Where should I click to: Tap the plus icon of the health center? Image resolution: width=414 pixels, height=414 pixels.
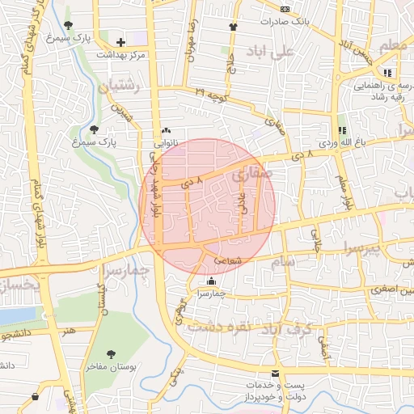[x=121, y=42]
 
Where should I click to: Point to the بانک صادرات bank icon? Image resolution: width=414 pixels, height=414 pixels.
[x=285, y=9]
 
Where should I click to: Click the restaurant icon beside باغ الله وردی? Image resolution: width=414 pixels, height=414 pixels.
[x=341, y=129]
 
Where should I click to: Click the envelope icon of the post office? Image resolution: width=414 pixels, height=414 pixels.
[x=276, y=374]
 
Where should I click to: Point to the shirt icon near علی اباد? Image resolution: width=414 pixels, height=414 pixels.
[x=234, y=27]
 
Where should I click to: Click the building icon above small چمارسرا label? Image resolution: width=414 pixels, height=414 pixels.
[x=212, y=281]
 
